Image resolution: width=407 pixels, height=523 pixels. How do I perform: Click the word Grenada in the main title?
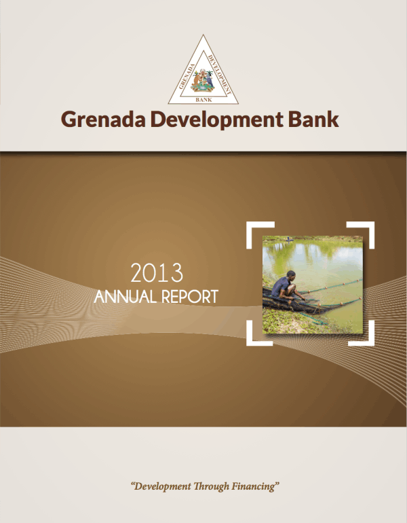coord(101,120)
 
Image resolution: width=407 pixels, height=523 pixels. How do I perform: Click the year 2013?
coord(157,273)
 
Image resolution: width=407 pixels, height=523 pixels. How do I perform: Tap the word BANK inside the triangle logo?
coord(203,99)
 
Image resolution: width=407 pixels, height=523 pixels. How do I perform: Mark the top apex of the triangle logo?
coord(203,35)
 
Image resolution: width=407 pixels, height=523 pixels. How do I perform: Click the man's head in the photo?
coord(290,276)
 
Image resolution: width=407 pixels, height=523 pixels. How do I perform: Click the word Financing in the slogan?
coord(254,487)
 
